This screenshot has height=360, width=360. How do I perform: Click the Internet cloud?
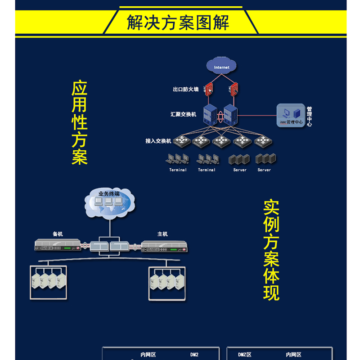[x=221, y=67]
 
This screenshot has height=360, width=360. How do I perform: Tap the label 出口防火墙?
[x=185, y=89]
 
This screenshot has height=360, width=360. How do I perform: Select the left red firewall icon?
[x=209, y=89]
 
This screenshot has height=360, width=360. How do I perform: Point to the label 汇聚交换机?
[x=183, y=114]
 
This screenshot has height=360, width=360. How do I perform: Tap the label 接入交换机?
[x=158, y=141]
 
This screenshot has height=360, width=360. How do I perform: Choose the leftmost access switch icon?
[x=181, y=141]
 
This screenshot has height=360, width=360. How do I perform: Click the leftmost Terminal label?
[x=178, y=170]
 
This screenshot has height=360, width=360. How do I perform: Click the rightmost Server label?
[x=264, y=170]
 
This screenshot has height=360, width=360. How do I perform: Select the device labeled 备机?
[x=58, y=245]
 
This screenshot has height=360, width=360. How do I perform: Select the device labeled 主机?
[x=164, y=246]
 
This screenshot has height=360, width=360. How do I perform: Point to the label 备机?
[x=58, y=234]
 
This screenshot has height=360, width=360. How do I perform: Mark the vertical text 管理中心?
[x=309, y=117]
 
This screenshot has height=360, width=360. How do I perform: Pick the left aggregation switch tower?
[x=210, y=115]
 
